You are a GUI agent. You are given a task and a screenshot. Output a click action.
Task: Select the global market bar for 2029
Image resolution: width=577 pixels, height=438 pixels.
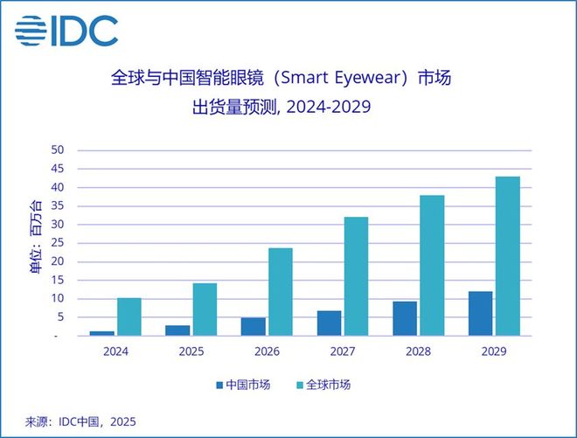coord(507,255)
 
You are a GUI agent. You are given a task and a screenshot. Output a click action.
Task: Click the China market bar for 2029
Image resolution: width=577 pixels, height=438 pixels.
coord(481,313)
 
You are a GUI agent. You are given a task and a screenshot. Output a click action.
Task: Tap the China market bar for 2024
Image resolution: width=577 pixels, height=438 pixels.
coord(102,333)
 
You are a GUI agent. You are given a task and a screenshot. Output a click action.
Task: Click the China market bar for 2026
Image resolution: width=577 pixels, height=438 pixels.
coord(254,326)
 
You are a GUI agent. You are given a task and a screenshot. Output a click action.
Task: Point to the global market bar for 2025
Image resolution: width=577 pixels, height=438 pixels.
coord(205,309)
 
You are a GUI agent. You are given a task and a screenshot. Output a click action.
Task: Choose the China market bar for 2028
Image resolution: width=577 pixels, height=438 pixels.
coord(405,318)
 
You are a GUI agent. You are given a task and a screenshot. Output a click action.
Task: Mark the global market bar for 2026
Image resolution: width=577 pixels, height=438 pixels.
coord(280,291)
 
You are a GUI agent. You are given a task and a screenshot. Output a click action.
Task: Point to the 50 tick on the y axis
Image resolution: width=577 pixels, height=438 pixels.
coord(59,150)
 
